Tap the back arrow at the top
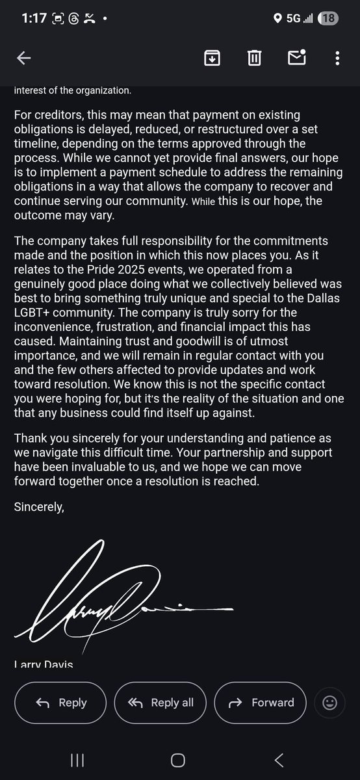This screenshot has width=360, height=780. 24,58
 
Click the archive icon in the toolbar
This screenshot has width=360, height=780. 212,58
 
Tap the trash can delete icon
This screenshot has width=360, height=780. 254,58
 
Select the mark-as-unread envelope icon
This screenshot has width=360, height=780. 296,58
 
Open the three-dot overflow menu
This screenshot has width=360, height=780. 337,58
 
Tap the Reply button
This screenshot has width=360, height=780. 61,703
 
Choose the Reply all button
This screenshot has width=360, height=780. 161,703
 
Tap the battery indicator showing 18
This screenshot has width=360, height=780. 328,18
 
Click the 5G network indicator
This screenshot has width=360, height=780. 294,18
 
